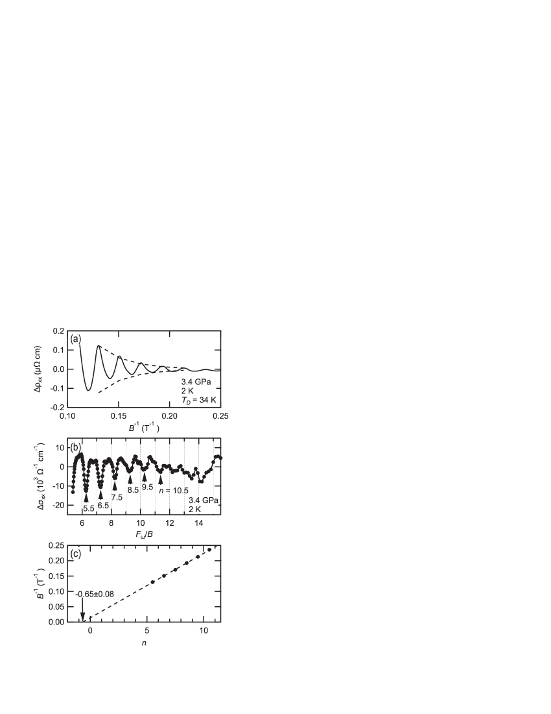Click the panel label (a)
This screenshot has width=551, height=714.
(x=76, y=339)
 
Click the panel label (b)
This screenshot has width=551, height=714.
(x=76, y=447)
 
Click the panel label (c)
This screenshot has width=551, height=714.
(x=76, y=554)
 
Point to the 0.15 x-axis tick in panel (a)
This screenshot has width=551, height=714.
(x=118, y=415)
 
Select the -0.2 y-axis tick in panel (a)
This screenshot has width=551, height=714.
(x=58, y=407)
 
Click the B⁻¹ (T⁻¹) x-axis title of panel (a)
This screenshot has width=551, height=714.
(x=143, y=428)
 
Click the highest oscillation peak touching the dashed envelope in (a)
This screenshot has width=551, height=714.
(x=99, y=346)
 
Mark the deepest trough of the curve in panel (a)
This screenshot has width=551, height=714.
(x=89, y=389)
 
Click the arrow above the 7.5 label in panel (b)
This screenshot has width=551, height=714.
(x=115, y=485)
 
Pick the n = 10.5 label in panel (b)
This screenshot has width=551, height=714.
(x=173, y=490)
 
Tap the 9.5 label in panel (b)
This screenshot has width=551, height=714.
(x=147, y=487)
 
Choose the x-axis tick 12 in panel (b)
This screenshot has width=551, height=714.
(x=169, y=523)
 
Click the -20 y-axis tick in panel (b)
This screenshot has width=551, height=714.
(x=56, y=505)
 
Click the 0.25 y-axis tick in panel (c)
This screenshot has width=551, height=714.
(x=56, y=545)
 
